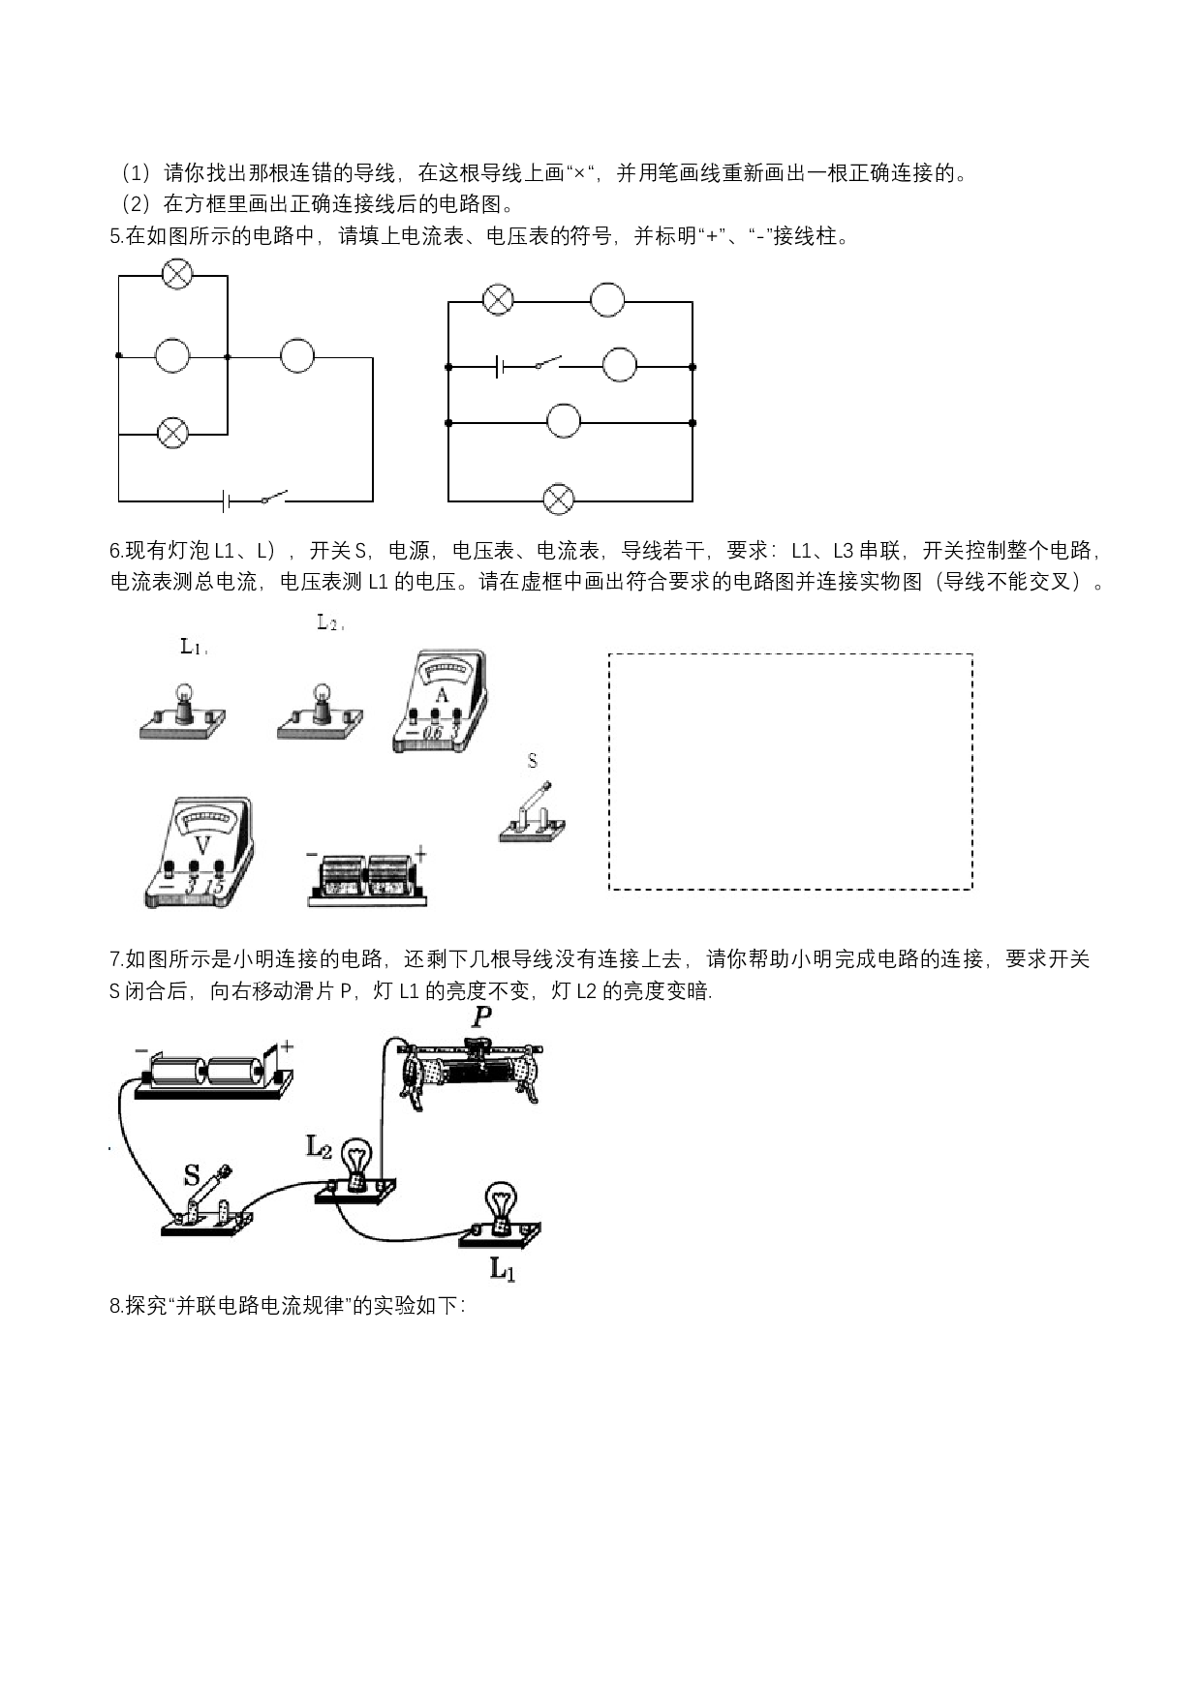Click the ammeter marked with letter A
click(x=440, y=703)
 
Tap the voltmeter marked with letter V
click(x=199, y=852)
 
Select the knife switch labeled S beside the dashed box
click(x=533, y=812)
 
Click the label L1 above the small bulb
click(x=192, y=647)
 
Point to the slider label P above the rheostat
click(x=481, y=1017)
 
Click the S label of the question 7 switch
click(x=192, y=1176)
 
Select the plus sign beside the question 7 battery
click(x=287, y=1046)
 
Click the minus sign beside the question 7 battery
click(x=141, y=1050)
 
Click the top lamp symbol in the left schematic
click(x=177, y=275)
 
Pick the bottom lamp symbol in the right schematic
click(x=558, y=500)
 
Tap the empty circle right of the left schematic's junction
click(x=297, y=356)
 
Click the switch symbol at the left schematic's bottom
click(x=274, y=498)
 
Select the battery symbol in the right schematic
click(x=499, y=367)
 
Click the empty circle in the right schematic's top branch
click(x=607, y=300)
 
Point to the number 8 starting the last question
click(x=115, y=1306)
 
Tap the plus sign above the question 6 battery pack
click(x=420, y=853)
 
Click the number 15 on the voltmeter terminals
click(x=215, y=886)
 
